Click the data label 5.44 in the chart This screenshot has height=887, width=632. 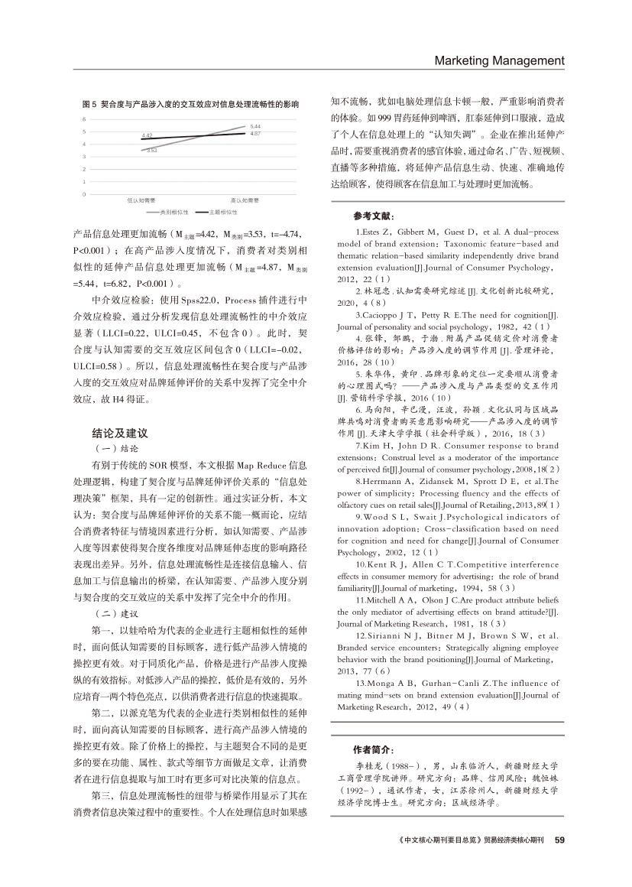click(255, 126)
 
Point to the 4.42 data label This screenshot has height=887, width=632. click(147, 135)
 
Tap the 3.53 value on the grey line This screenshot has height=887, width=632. click(151, 150)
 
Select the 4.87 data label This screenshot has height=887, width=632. click(255, 134)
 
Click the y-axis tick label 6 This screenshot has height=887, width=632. click(85, 120)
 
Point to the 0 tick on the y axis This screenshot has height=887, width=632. click(85, 194)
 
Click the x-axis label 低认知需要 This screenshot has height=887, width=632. click(140, 200)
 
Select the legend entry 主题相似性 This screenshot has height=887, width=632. click(222, 210)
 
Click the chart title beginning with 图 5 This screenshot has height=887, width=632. click(190, 102)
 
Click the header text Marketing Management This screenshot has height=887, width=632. click(499, 61)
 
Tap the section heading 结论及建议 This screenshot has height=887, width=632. click(115, 433)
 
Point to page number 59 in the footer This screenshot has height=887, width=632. click(559, 840)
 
